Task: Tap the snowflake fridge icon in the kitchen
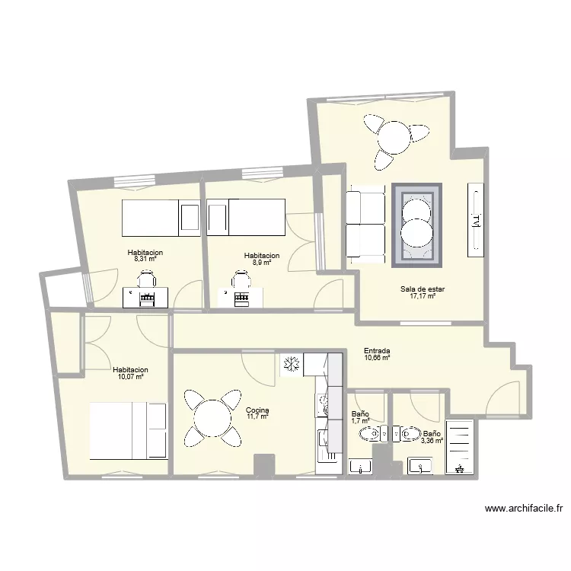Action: [290, 365]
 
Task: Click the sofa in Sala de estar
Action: [364, 224]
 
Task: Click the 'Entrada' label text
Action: [377, 351]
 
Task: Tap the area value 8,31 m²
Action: [145, 259]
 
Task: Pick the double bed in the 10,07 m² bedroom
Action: [129, 431]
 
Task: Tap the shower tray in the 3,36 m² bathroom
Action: [459, 448]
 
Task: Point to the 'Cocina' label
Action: [257, 410]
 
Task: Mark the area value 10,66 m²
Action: [377, 358]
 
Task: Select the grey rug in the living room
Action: [416, 225]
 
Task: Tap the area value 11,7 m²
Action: [257, 416]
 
